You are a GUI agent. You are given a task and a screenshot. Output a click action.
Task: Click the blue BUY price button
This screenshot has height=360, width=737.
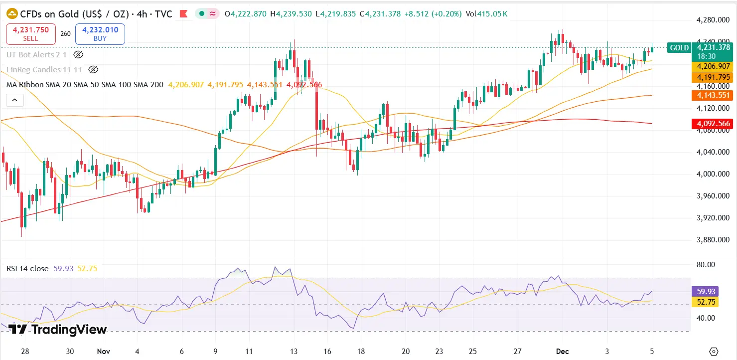[x=100, y=34]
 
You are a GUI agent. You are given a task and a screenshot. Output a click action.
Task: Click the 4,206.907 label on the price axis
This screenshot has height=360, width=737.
[x=713, y=66]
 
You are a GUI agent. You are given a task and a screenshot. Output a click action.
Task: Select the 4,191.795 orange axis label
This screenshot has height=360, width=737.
[x=713, y=77]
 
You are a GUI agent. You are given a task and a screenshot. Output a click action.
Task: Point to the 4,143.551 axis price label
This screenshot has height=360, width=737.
[x=713, y=95]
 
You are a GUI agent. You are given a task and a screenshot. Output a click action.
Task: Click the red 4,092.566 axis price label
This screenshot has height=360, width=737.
[x=713, y=124]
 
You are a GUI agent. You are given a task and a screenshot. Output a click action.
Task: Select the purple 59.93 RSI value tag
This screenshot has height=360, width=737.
[x=706, y=291]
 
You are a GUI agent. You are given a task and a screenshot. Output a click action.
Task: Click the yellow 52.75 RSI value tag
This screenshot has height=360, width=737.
[x=706, y=302]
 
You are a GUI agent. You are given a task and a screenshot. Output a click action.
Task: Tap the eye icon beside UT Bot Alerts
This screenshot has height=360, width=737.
[x=78, y=55]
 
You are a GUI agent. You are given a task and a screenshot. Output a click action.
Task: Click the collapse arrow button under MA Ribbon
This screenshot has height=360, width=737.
[x=14, y=100]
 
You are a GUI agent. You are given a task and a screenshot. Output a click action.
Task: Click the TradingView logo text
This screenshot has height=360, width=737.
[x=58, y=330]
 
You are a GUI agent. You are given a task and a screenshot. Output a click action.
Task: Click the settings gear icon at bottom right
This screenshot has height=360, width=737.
[x=714, y=351]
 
